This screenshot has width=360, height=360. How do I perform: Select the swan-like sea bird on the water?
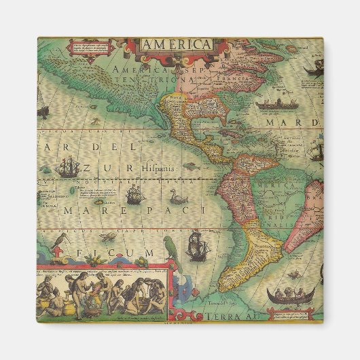click(179, 198)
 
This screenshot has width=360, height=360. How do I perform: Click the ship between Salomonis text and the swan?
click(134, 196)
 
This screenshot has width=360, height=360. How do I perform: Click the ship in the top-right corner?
click(313, 67)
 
